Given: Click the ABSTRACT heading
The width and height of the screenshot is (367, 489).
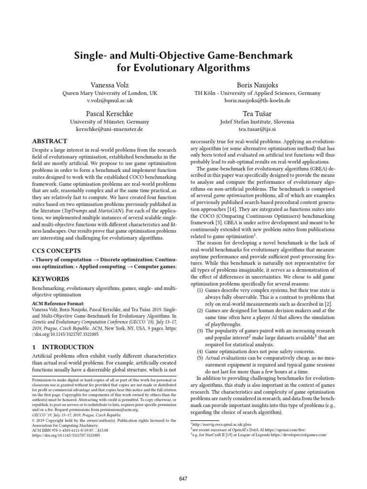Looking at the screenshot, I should point(50,141).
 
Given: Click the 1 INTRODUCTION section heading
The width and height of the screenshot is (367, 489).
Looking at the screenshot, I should point(63,347).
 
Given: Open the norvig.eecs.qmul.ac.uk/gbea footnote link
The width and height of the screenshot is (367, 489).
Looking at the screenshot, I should point(213,424).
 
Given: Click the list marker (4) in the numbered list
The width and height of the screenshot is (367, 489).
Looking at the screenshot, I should point(201,352).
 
